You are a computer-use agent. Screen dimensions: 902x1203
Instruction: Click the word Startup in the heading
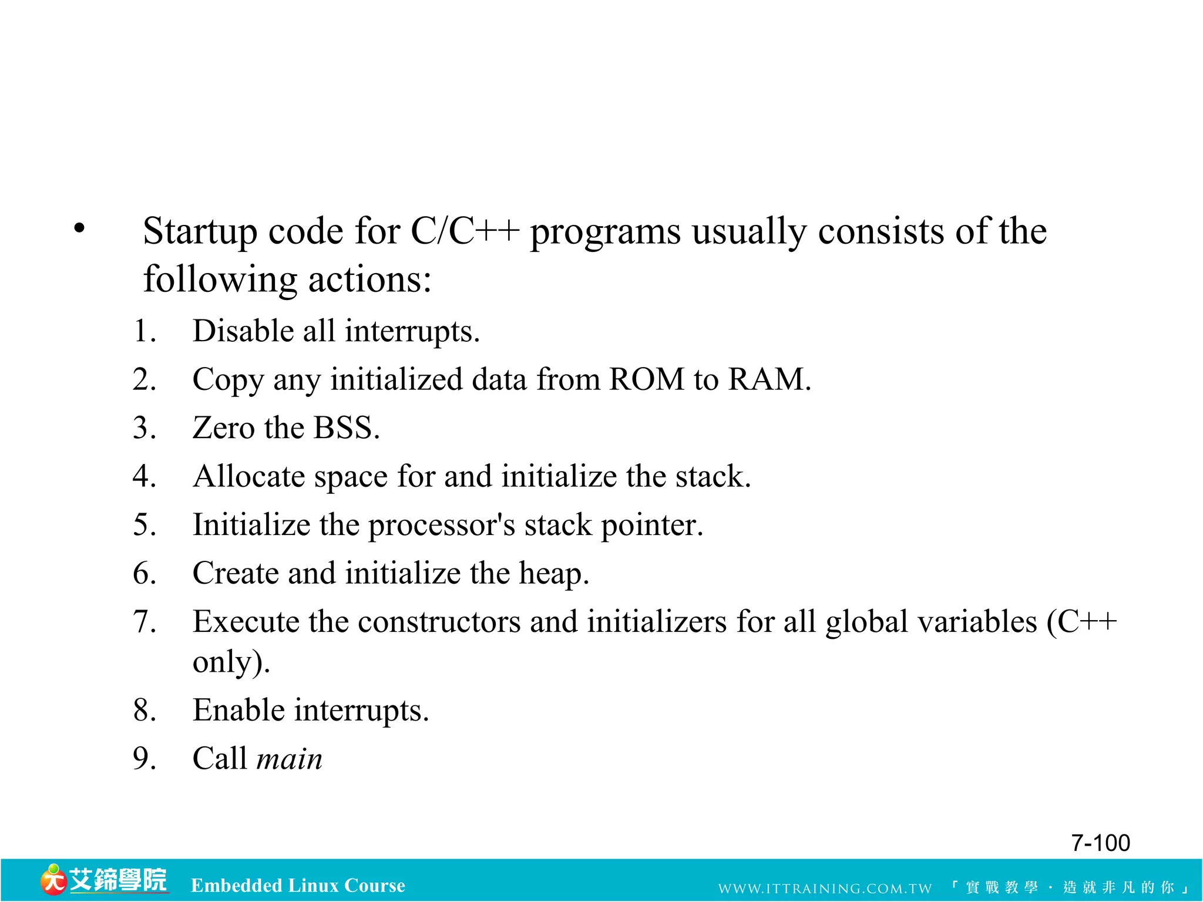point(200,231)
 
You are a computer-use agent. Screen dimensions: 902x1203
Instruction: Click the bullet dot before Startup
point(80,228)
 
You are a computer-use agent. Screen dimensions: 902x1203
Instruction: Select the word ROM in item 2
point(646,379)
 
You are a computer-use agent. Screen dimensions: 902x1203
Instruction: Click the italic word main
point(290,759)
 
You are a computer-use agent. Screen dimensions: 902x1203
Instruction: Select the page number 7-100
point(1100,843)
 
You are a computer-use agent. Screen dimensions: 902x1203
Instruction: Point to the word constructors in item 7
point(439,622)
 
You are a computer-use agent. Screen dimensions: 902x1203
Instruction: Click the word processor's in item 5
point(441,525)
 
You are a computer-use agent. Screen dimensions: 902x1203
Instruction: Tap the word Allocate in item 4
point(249,476)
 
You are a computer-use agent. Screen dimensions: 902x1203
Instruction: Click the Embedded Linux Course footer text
point(298,886)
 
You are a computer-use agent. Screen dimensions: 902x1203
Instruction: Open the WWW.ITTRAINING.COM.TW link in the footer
point(825,888)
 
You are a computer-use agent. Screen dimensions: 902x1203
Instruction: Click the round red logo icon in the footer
point(53,881)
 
